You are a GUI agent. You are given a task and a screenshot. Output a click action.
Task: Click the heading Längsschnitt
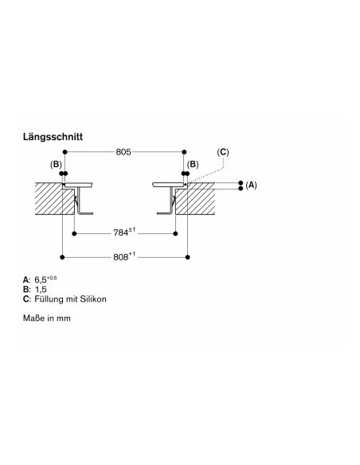coord(53,137)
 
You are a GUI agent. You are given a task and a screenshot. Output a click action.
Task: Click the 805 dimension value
coord(123,152)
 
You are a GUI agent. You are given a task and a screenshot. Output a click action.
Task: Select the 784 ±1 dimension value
coord(124,232)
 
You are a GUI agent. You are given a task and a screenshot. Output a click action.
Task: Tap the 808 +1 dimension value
coord(124,256)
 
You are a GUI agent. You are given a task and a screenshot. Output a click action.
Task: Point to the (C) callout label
coord(223,152)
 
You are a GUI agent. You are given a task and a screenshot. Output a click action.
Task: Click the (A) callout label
coord(251,185)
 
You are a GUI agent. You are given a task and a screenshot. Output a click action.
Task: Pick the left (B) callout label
coord(56,164)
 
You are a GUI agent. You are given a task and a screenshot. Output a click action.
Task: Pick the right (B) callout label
coord(193,164)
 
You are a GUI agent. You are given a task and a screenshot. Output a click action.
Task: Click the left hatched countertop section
coord(53,199)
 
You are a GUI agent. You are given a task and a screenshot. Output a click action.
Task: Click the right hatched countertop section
coord(196,199)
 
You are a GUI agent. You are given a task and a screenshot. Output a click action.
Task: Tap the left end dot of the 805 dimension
coord(65,152)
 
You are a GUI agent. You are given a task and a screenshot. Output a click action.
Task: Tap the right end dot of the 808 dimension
coord(187,257)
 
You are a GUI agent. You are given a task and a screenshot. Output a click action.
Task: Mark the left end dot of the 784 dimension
coord(74,233)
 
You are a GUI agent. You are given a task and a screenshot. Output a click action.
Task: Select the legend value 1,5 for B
coord(41,290)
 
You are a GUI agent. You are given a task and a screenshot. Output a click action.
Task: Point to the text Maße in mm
coord(47,318)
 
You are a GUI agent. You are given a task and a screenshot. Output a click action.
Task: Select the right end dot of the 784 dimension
coord(175,233)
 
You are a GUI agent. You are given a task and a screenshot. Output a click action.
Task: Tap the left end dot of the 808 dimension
coord(62,257)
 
